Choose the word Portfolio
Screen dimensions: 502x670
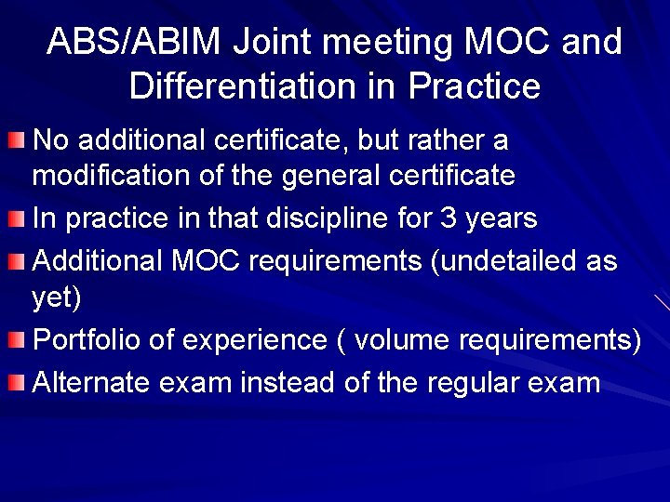click(87, 340)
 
